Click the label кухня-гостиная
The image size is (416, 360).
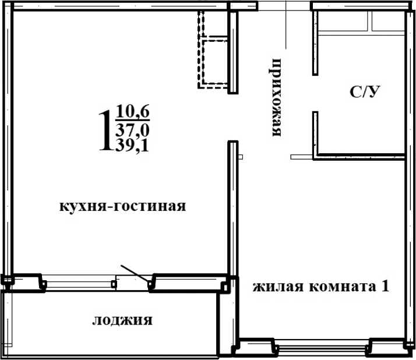click(x=122, y=206)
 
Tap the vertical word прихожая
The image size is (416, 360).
click(x=277, y=97)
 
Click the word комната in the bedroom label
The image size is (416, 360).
click(x=340, y=287)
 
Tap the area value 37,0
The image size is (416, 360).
click(x=132, y=128)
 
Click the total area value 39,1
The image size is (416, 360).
click(x=132, y=146)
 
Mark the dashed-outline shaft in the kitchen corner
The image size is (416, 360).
click(x=212, y=50)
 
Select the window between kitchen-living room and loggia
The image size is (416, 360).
click(x=79, y=284)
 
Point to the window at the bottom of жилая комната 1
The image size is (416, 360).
click(x=323, y=350)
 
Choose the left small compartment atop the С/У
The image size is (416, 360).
click(x=344, y=22)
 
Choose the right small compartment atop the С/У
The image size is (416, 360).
click(x=387, y=22)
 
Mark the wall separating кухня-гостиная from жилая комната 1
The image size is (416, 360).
click(x=232, y=210)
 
